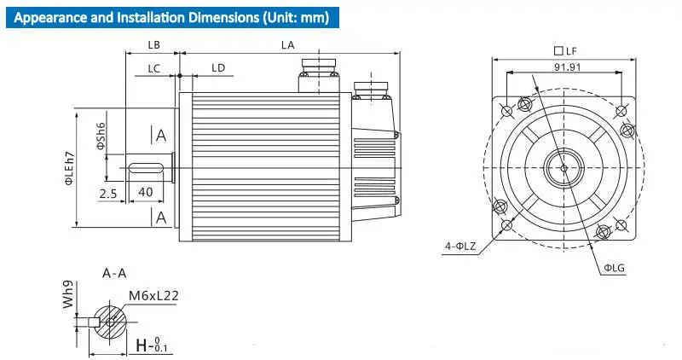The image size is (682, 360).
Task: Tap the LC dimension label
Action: [153, 67]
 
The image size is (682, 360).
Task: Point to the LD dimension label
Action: [218, 67]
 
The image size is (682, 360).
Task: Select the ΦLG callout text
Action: [615, 268]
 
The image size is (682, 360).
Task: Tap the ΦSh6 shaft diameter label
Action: [100, 136]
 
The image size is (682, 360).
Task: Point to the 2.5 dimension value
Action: [107, 193]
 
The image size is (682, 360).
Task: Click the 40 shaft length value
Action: [145, 193]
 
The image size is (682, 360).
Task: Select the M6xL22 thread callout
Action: [153, 296]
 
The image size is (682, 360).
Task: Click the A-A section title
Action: [115, 274]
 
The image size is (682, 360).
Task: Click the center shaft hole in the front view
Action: [565, 167]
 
